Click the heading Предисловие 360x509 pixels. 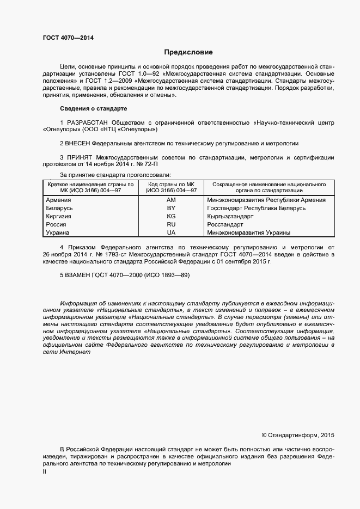(x=188, y=52)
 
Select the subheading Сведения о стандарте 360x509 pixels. (x=93, y=109)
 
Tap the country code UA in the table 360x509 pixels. (x=172, y=232)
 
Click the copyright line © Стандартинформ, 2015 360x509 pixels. (x=298, y=435)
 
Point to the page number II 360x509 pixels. (x=45, y=472)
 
